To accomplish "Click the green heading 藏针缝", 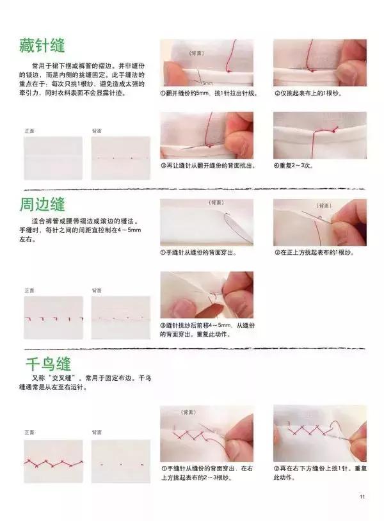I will point(42,47).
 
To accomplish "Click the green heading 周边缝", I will point(42,205).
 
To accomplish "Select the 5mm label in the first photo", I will point(207,83).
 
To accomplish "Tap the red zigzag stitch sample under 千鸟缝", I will point(54,461).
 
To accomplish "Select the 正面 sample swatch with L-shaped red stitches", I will point(54,317).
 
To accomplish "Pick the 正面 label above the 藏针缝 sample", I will point(29,131).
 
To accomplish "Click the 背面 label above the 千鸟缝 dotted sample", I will point(97,432).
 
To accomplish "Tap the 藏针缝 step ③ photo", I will point(206,135).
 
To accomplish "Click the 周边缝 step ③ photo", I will point(206,294).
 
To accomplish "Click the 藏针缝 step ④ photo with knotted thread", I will point(320,135).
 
